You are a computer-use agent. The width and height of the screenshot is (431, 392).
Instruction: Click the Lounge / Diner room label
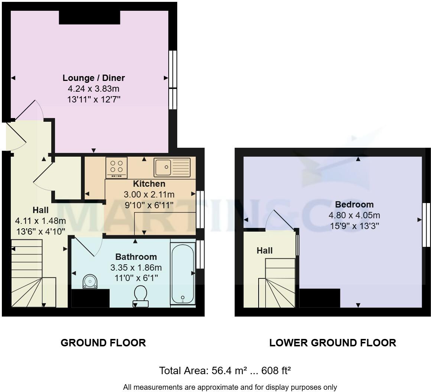point(94,78)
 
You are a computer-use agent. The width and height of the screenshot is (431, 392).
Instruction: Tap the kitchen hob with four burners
point(116,167)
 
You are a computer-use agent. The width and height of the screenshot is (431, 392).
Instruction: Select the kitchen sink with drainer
point(172,167)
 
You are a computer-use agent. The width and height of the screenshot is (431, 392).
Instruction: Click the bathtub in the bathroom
point(183,273)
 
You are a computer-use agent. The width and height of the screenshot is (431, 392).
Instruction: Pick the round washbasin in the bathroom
point(90,281)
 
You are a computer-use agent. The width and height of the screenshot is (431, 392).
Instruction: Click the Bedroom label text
point(354,205)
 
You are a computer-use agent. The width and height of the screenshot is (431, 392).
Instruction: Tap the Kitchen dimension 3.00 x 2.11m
point(149,195)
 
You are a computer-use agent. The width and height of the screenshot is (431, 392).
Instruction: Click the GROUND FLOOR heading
point(103,343)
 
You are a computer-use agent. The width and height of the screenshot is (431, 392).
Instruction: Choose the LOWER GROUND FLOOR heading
point(333,343)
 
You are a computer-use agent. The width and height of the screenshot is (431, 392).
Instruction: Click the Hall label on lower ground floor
point(265,251)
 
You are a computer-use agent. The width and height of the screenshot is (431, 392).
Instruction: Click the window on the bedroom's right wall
point(426,225)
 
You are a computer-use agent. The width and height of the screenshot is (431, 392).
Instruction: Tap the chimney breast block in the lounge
point(89,17)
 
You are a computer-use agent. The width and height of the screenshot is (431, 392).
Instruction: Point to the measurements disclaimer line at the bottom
point(230,387)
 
